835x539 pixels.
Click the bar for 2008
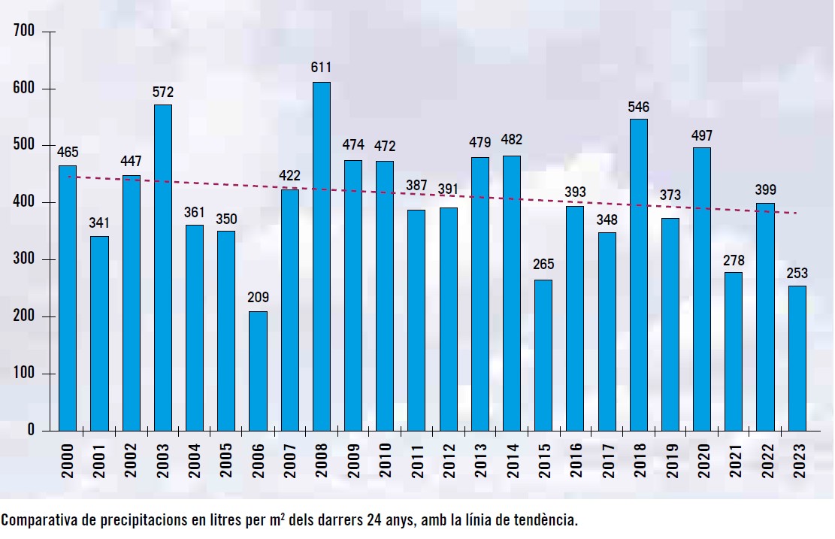point(321,256)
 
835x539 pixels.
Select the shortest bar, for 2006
point(258,370)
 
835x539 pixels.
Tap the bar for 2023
point(797,357)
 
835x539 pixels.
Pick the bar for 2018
point(638,274)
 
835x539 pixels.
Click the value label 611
point(321,68)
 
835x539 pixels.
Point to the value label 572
point(163,92)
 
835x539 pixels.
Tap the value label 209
point(258,297)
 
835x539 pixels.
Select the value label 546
point(638,107)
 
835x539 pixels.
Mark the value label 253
point(797,273)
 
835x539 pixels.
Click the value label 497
point(702,135)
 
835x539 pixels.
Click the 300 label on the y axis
point(26,259)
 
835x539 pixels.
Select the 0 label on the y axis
point(32,430)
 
